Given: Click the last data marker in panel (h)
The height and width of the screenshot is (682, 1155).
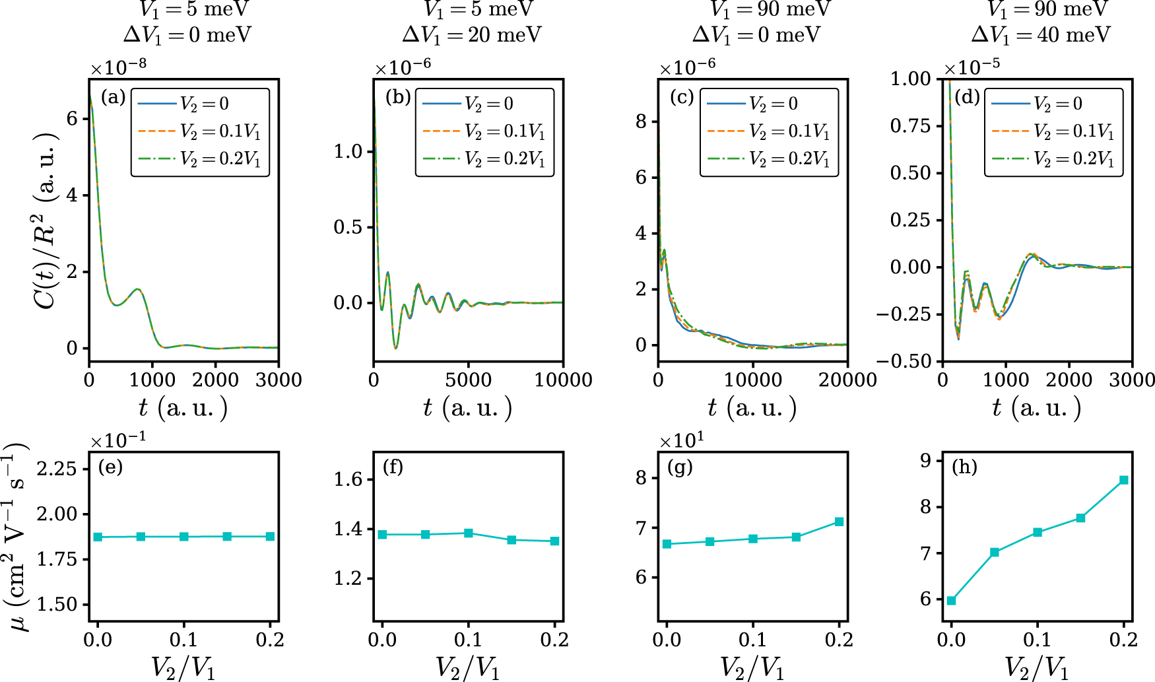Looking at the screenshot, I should pyautogui.click(x=1123, y=480).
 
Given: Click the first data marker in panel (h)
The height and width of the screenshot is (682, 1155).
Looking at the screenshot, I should pyautogui.click(x=951, y=600).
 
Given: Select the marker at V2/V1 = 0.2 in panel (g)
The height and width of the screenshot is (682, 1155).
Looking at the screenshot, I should pyautogui.click(x=839, y=522).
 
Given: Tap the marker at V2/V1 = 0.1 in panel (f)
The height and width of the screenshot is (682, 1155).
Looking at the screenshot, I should pyautogui.click(x=469, y=533).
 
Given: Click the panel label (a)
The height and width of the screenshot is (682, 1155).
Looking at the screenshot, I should pyautogui.click(x=113, y=97).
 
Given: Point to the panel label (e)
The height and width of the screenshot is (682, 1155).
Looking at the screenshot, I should pyautogui.click(x=110, y=467).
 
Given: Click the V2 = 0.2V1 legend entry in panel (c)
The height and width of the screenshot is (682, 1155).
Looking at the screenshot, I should pyautogui.click(x=769, y=158).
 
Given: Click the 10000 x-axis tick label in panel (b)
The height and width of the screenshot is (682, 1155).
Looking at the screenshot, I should pyautogui.click(x=562, y=380).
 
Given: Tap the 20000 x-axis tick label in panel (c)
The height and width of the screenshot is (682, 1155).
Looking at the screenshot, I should pyautogui.click(x=847, y=380).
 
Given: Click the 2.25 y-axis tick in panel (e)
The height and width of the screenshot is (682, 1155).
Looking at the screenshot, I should pyautogui.click(x=57, y=469).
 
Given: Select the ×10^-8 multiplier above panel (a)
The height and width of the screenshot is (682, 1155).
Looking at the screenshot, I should pyautogui.click(x=118, y=67).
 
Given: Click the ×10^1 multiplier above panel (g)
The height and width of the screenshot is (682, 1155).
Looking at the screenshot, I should pyautogui.click(x=682, y=440).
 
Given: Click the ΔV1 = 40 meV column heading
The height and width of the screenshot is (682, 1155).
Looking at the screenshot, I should pyautogui.click(x=1040, y=34).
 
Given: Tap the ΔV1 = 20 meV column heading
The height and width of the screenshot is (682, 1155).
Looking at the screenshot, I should pyautogui.click(x=471, y=34).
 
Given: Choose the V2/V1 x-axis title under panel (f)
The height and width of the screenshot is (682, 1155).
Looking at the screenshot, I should pyautogui.click(x=468, y=667).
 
